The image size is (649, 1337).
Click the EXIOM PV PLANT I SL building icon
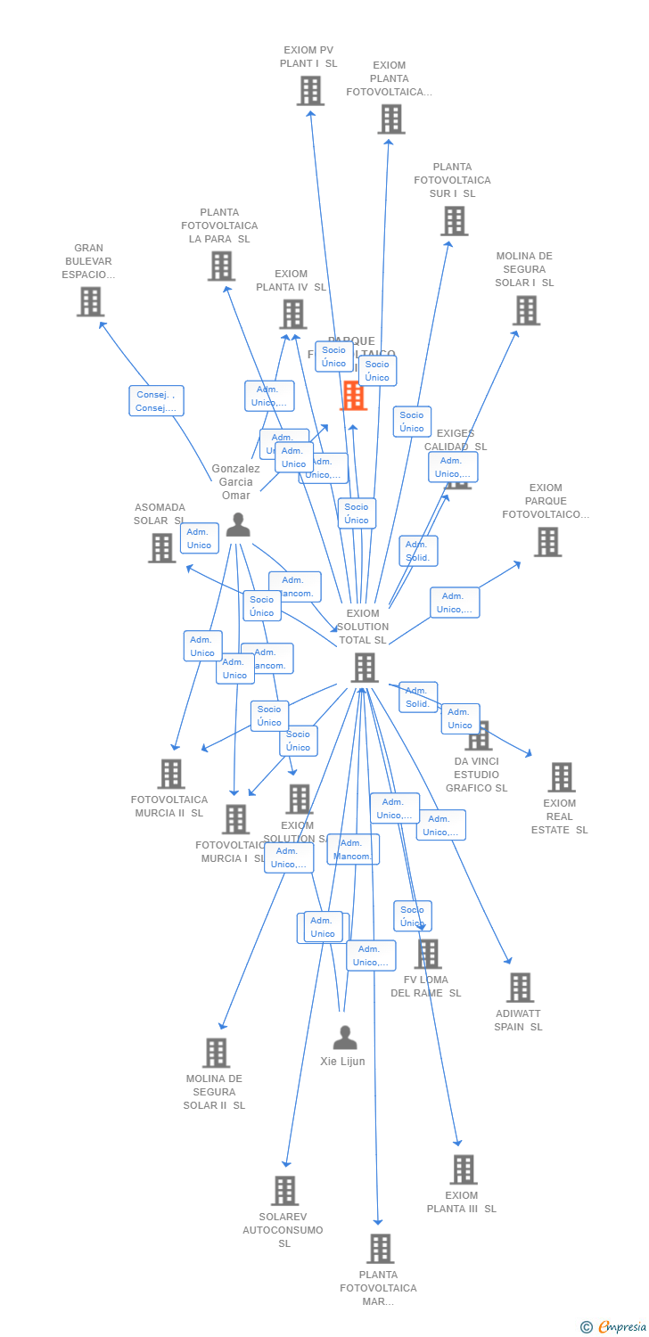coord(310,91)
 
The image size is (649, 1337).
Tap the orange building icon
coord(354,396)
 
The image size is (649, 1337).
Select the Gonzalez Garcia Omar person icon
coord(238,525)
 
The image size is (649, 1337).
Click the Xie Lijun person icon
coord(345,1038)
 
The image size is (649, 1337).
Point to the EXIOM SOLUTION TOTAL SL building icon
coord(364,668)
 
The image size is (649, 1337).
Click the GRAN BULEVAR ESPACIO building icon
coord(90,302)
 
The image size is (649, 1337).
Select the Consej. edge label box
coord(156,401)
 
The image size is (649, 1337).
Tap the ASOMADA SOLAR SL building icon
coord(162,547)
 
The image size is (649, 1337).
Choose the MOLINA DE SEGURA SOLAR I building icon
coord(526,310)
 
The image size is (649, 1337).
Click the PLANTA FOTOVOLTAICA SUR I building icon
coord(454,221)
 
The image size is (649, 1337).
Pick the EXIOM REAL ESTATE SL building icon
coord(561,777)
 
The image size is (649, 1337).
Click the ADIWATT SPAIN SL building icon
coord(520,988)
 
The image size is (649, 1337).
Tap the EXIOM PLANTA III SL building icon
coord(463,1169)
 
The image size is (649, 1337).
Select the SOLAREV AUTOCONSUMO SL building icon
coord(284,1191)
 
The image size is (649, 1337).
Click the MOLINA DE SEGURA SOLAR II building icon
coord(216,1053)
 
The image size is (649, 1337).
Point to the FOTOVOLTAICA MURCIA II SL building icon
coord(171,774)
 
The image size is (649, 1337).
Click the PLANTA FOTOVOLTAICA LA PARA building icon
coord(221,266)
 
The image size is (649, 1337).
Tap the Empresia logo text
coord(621,1327)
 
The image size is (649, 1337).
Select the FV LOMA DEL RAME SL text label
coord(426,987)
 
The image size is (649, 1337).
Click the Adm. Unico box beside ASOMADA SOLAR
coord(200,538)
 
